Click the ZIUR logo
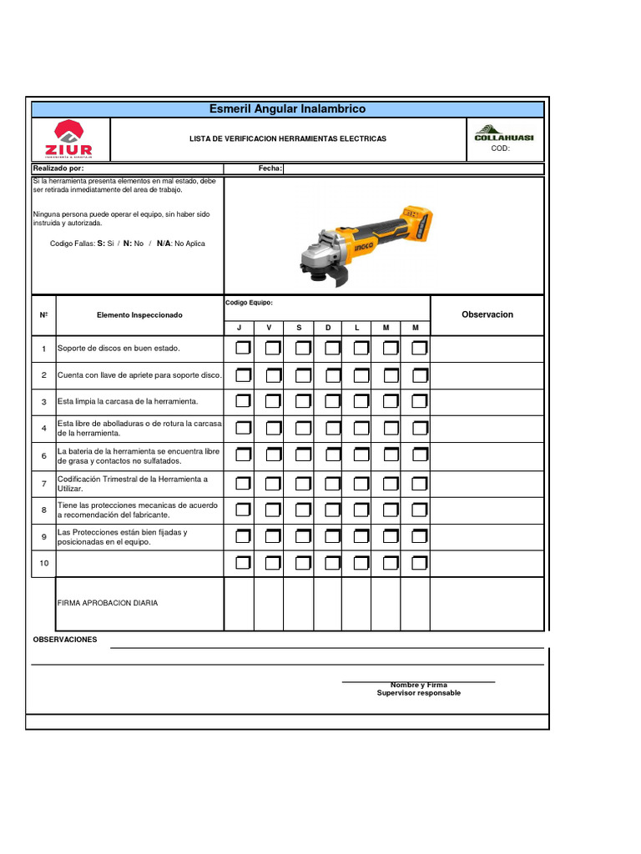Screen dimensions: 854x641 point(71,138)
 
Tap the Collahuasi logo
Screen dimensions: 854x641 point(504,133)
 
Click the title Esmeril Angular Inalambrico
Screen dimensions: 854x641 point(288,109)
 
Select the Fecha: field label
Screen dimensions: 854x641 point(270,168)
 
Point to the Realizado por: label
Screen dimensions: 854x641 point(58,168)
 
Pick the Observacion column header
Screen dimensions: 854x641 point(487,314)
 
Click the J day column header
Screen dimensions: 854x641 point(239,328)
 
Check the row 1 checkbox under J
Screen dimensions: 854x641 point(242,348)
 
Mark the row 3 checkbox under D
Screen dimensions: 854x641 point(331,402)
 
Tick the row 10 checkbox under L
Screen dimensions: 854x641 point(361,564)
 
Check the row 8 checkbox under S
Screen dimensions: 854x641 point(302,510)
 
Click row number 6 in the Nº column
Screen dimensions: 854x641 point(43,455)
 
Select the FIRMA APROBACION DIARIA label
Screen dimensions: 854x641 point(107,602)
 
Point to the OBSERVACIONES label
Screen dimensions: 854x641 point(64,640)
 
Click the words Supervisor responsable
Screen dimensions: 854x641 point(418,693)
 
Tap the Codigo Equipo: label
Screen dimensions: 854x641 point(249,303)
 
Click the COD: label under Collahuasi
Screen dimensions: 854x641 point(500,148)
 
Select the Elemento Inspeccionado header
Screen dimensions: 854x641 point(139,315)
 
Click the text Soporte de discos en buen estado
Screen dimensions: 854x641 point(119,348)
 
